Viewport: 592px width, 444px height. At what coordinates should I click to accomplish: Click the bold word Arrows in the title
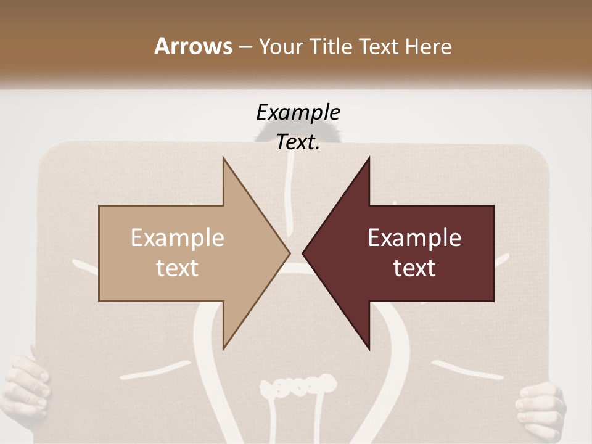193,46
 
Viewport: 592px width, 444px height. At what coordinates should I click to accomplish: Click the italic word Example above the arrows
298,112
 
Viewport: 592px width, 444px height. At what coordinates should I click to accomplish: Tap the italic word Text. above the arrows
298,142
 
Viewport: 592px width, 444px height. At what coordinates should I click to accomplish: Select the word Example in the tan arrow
178,237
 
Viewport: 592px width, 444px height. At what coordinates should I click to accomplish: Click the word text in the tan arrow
178,268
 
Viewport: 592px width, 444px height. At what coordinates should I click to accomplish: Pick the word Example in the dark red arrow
414,237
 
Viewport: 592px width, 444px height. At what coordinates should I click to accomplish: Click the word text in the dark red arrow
414,268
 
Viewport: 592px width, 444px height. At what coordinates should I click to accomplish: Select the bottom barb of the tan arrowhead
225,345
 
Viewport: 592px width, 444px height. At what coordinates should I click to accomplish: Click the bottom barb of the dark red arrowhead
368,345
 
